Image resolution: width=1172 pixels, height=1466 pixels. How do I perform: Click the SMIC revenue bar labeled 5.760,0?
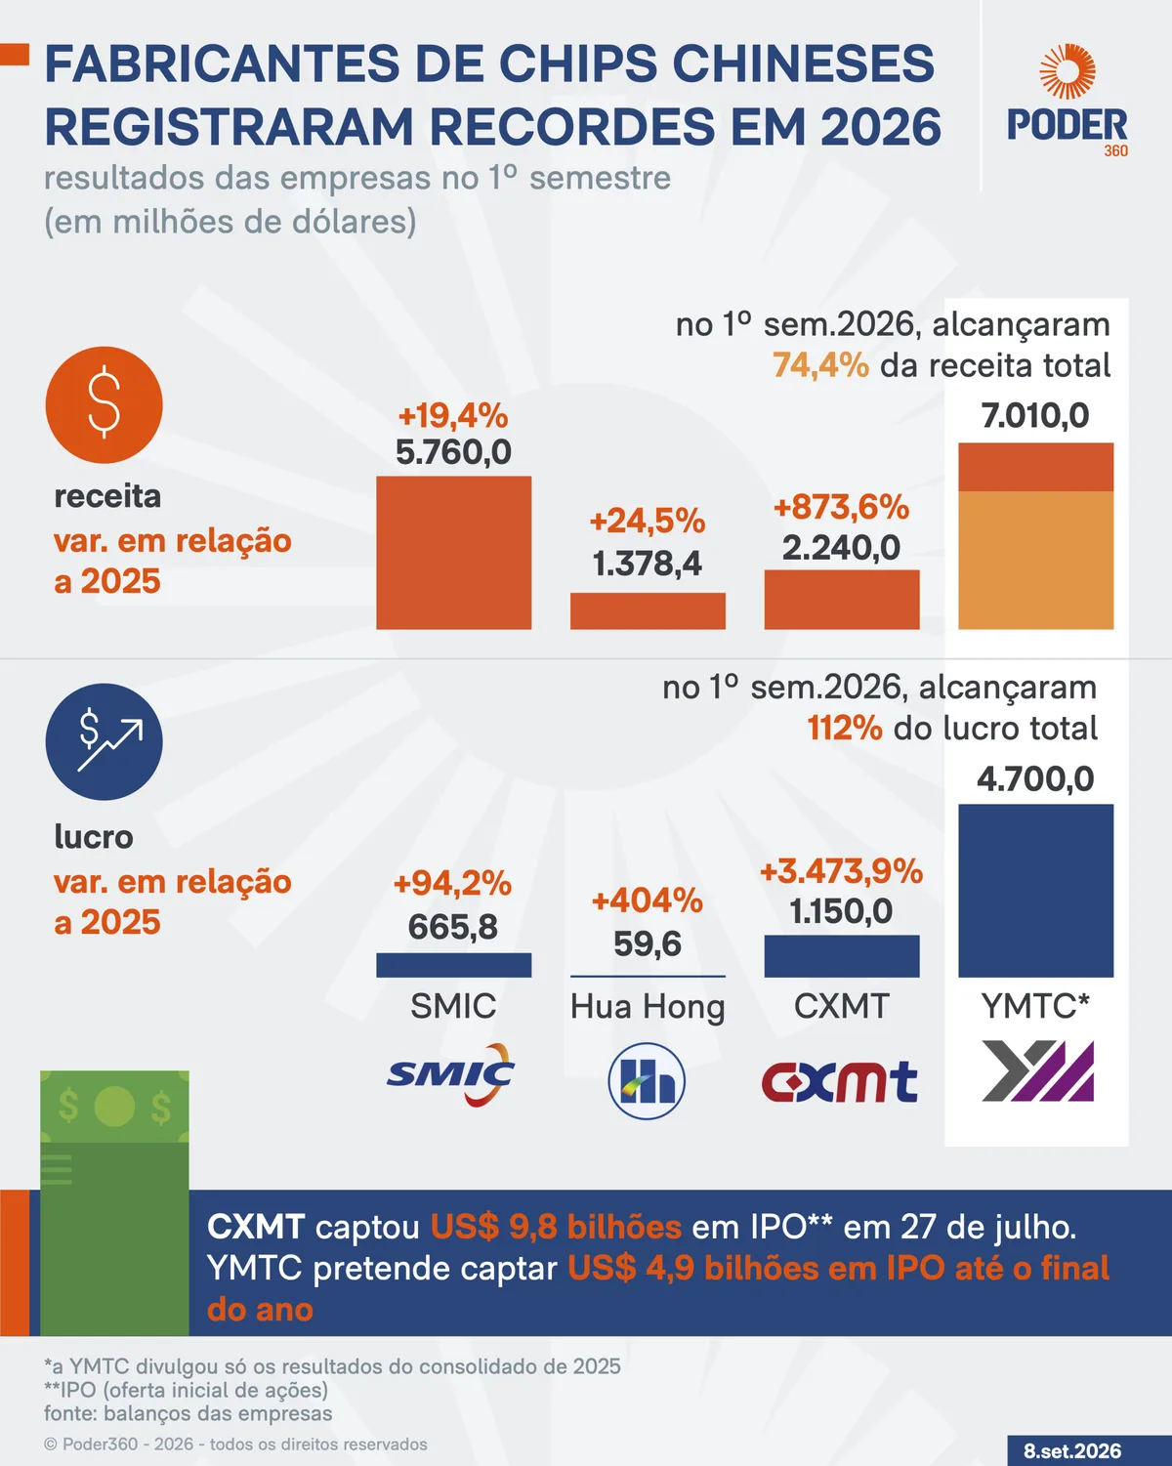point(454,553)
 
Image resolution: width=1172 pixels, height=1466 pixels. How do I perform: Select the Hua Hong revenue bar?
point(648,611)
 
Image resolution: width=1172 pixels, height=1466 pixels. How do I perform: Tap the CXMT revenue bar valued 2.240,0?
point(842,600)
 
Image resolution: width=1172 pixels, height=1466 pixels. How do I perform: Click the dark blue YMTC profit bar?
point(1035,891)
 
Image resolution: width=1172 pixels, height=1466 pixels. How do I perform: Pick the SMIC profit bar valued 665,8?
point(454,965)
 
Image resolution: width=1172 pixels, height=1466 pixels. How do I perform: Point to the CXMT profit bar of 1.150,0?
point(842,956)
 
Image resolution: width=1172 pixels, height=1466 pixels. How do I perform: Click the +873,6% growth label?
point(842,508)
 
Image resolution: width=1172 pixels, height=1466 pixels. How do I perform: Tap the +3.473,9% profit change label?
point(842,871)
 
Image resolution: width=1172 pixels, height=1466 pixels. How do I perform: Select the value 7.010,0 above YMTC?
point(1035,415)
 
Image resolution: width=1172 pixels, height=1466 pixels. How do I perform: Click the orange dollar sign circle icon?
point(105,405)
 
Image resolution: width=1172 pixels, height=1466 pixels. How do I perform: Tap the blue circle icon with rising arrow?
point(105,742)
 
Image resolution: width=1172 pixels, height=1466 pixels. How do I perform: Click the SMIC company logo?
point(450,1074)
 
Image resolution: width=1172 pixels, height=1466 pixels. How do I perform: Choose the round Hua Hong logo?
point(647,1081)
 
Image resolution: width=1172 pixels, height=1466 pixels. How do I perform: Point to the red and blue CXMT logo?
point(840,1081)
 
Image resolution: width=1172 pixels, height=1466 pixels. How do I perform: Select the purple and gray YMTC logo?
point(1038,1071)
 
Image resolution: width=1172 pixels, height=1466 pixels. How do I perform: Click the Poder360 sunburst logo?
point(1067,71)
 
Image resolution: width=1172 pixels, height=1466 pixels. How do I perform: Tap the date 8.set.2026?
point(1072,1451)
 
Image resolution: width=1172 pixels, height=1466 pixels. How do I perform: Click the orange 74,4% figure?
point(821,365)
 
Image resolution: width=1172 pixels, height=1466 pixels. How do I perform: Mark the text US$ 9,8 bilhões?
point(556,1227)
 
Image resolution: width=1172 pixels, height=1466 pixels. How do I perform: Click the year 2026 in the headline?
point(881,127)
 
